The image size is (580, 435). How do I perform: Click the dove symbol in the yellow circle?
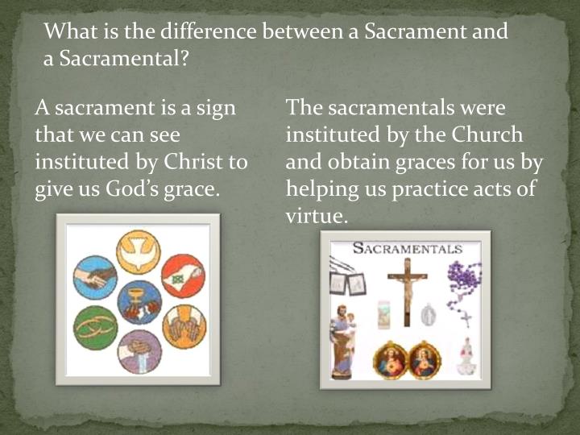tap(139, 252)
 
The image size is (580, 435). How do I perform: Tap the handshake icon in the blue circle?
tap(95, 277)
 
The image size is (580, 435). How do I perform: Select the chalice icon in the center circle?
tap(139, 301)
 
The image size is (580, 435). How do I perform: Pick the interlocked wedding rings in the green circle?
tap(95, 328)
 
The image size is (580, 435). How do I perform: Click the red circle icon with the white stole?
tap(183, 276)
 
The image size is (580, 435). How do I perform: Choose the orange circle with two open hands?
tap(184, 326)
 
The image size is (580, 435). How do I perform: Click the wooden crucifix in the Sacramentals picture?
tap(407, 290)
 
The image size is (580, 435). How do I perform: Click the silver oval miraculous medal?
tap(429, 314)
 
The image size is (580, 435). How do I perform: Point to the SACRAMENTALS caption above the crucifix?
tap(407, 248)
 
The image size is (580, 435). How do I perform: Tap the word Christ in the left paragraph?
tap(193, 161)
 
